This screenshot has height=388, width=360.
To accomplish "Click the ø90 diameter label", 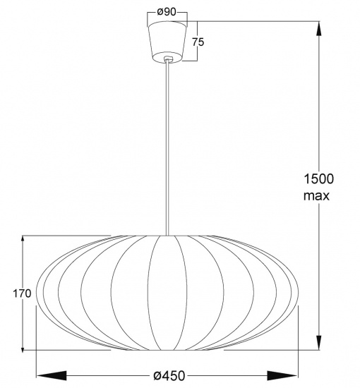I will (167, 13).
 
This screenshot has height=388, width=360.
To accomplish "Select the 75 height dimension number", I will (198, 42).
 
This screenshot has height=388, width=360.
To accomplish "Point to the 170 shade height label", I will (22, 293).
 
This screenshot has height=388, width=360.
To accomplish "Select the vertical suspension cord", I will (167, 148).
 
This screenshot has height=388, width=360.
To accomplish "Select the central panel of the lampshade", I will (167, 293).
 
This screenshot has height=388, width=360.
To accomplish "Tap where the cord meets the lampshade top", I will (167, 235).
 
